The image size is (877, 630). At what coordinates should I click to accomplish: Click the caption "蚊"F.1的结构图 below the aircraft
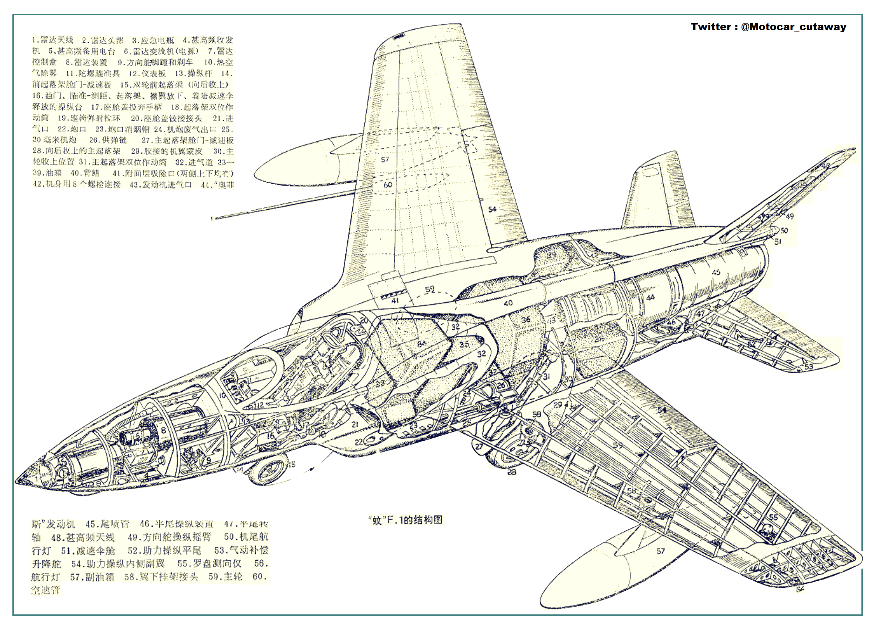[405, 520]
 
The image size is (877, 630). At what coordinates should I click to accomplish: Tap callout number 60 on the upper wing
[388, 185]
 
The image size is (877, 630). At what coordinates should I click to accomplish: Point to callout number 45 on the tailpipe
[716, 272]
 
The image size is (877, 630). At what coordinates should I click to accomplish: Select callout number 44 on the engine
[650, 297]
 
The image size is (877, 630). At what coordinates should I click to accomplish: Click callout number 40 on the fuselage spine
[508, 303]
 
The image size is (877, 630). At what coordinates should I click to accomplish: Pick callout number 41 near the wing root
[395, 300]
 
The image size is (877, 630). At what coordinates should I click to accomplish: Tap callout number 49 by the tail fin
[789, 216]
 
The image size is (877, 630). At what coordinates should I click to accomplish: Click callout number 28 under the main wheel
[512, 472]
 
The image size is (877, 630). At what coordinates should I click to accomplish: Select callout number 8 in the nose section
[163, 430]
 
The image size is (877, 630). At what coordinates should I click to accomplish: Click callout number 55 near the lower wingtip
[773, 517]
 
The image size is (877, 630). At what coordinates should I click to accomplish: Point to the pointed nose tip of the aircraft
[17, 481]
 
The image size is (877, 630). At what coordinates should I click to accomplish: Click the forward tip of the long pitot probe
[213, 219]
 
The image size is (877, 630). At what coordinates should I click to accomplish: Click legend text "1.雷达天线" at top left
[52, 40]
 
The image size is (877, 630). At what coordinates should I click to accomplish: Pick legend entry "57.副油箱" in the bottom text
[92, 577]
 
